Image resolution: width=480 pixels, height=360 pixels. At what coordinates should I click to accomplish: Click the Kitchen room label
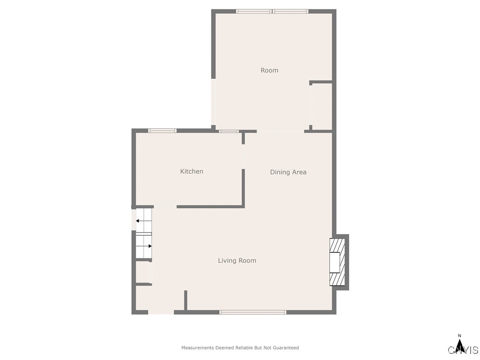(192, 172)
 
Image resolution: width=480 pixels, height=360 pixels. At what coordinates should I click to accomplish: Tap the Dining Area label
(288, 172)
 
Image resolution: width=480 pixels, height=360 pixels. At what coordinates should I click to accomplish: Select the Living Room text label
(237, 261)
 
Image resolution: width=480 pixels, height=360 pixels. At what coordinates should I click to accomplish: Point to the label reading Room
(269, 70)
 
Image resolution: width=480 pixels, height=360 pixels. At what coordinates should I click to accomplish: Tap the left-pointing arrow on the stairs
(139, 221)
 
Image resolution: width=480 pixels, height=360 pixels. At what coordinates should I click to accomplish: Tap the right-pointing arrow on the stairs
(149, 246)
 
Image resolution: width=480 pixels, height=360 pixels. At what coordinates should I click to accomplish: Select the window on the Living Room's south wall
(253, 312)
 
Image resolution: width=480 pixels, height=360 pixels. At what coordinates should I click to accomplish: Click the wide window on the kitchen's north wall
(162, 130)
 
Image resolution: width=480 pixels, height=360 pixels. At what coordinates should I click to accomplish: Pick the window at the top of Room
(272, 11)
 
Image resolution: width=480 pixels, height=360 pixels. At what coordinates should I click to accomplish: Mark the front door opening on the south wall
(161, 312)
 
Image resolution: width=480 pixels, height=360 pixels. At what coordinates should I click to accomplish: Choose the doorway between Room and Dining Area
(280, 131)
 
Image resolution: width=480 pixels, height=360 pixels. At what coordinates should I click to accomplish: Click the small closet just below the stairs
(142, 272)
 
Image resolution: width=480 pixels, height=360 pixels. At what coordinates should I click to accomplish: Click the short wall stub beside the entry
(186, 300)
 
